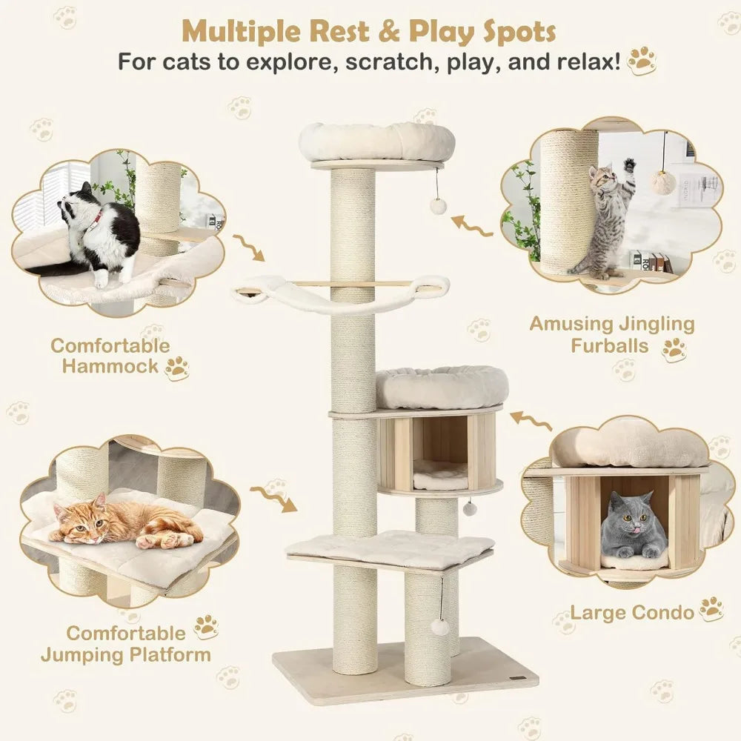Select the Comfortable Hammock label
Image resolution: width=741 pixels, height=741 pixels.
tap(110, 355)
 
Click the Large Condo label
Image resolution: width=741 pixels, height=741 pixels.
tap(632, 612)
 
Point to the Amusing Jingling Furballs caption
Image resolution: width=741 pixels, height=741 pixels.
tap(612, 334)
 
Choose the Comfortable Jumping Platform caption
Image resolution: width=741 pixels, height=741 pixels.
tap(125, 643)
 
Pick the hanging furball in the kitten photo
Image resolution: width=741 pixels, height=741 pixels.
tap(662, 182)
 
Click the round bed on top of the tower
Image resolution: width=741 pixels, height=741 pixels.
tap(376, 141)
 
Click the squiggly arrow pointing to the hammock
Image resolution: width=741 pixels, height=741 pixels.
tap(248, 247)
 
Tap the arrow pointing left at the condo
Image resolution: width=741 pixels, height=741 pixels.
tap(530, 419)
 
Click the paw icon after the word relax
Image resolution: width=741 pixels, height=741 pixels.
tap(642, 62)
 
